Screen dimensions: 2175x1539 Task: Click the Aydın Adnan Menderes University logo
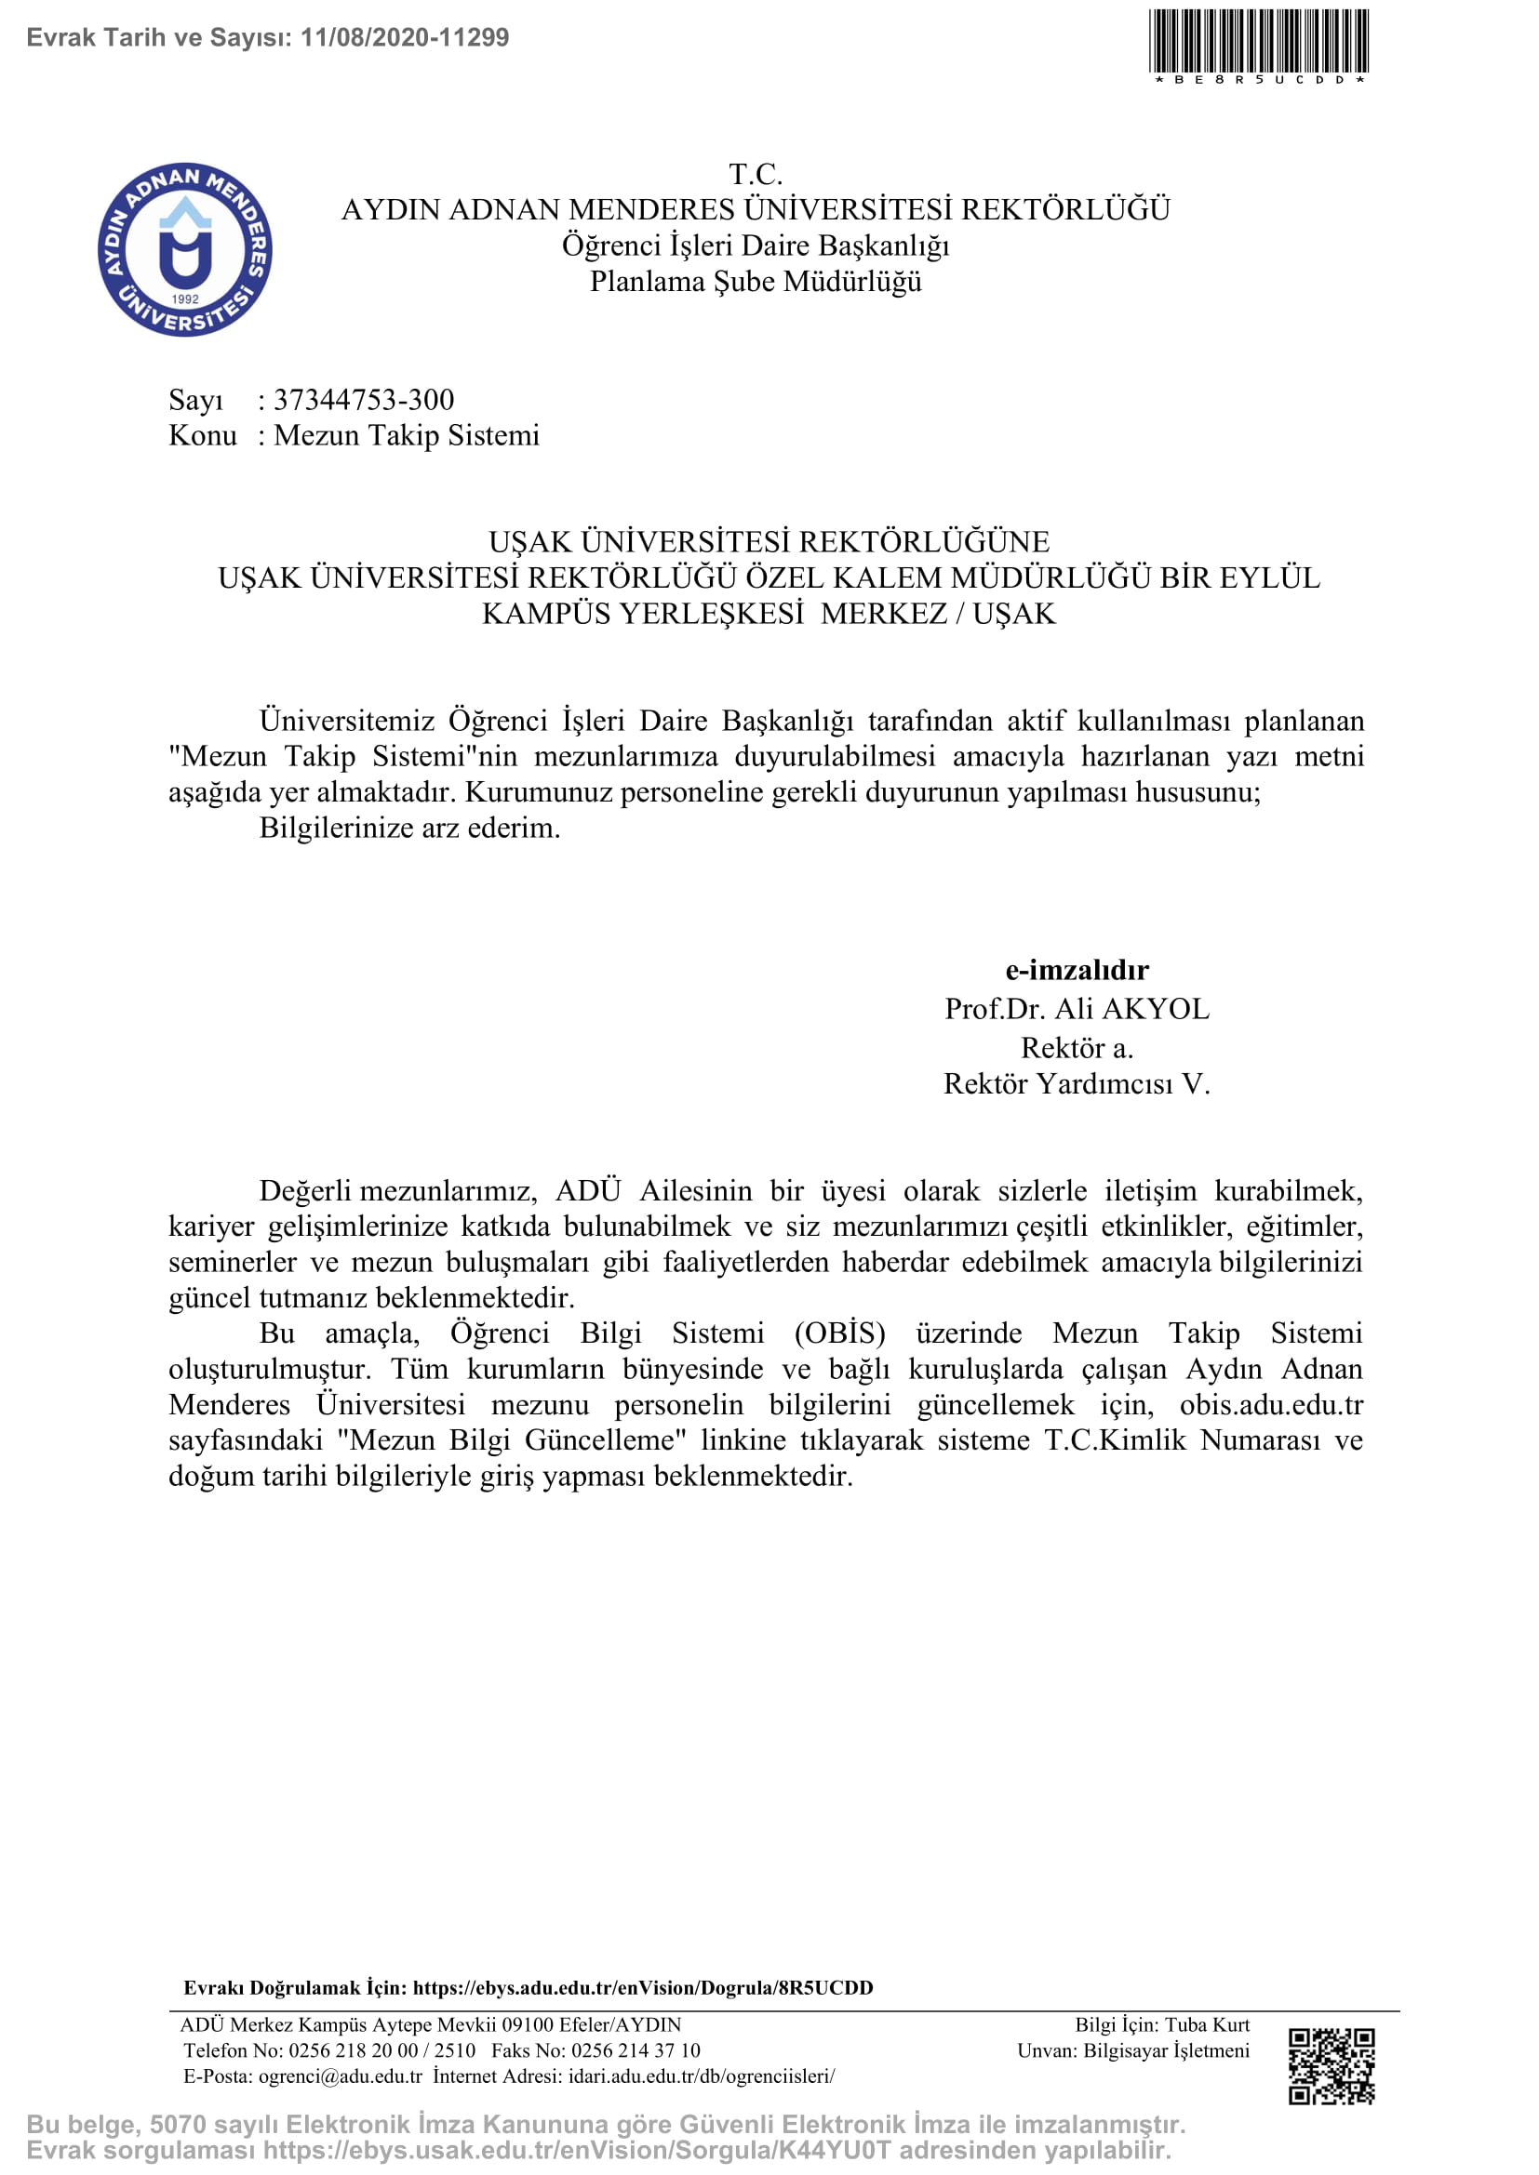[185, 249]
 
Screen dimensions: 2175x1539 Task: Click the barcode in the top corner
[1259, 42]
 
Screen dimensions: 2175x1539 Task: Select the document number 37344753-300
[364, 400]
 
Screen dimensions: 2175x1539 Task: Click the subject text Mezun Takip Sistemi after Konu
[407, 436]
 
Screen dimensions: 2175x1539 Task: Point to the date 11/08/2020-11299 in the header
[405, 38]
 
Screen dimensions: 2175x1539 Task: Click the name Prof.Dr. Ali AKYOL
[1077, 1009]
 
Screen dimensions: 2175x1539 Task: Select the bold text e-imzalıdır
[1077, 970]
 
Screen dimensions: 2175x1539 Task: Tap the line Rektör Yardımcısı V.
[1077, 1083]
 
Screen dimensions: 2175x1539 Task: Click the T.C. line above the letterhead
[756, 174]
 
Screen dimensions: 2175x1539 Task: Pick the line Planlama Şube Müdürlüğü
[756, 283]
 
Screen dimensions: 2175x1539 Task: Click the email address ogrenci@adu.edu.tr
[341, 2076]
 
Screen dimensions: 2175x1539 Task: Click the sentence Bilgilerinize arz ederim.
[409, 828]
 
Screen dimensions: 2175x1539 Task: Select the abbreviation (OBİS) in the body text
[839, 1333]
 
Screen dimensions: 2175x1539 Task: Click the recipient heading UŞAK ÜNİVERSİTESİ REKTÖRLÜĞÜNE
[769, 542]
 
